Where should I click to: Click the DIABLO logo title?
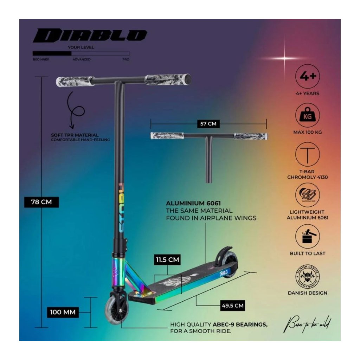coord(90,36)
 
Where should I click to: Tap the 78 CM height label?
coord(41,202)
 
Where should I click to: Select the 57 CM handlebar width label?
coord(208,124)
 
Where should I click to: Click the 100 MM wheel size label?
coord(63,312)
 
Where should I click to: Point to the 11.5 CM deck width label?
coord(167,260)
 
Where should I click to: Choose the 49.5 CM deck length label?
coord(232,305)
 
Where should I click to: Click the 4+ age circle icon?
coord(308,76)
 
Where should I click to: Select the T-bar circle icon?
coord(308,154)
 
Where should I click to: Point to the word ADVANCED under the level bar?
coord(82,59)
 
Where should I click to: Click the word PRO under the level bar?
coord(126,59)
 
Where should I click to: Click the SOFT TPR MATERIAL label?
coord(75,135)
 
